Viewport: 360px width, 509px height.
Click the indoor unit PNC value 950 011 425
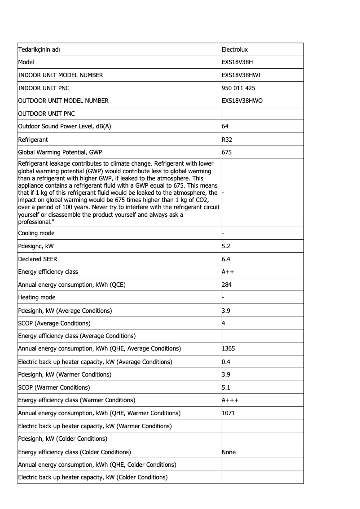point(238,88)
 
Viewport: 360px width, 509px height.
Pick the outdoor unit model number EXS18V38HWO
point(242,101)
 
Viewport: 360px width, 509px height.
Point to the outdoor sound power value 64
point(225,127)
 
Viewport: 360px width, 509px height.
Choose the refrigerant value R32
point(227,140)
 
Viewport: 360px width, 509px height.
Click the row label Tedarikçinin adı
point(39,49)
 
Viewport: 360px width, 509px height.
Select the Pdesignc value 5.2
point(226,246)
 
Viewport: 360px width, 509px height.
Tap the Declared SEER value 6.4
point(226,259)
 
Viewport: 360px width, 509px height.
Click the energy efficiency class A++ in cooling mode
point(228,272)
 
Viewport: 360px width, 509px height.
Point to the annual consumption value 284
point(227,285)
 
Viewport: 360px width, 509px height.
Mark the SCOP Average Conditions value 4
point(224,323)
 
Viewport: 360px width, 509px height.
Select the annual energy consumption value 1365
point(228,348)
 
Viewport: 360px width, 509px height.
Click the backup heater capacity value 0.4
point(226,361)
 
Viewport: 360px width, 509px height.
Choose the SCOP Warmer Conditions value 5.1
point(226,387)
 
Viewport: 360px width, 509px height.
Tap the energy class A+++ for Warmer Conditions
point(230,400)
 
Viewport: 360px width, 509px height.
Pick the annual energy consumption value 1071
point(228,413)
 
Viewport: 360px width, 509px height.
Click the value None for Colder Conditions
point(228,452)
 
